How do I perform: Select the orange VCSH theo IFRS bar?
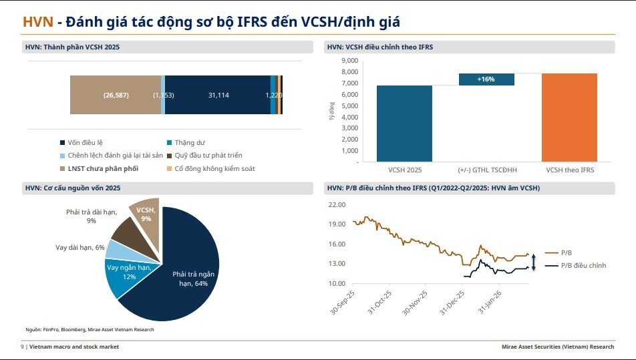[x=569, y=117]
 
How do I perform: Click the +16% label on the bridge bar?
[x=486, y=79]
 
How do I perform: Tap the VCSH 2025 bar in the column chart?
[x=404, y=124]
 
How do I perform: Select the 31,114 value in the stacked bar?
[x=218, y=96]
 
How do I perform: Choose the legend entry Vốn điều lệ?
[x=85, y=142]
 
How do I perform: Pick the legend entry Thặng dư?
[x=189, y=142]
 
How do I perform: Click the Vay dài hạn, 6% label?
[x=79, y=247]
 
